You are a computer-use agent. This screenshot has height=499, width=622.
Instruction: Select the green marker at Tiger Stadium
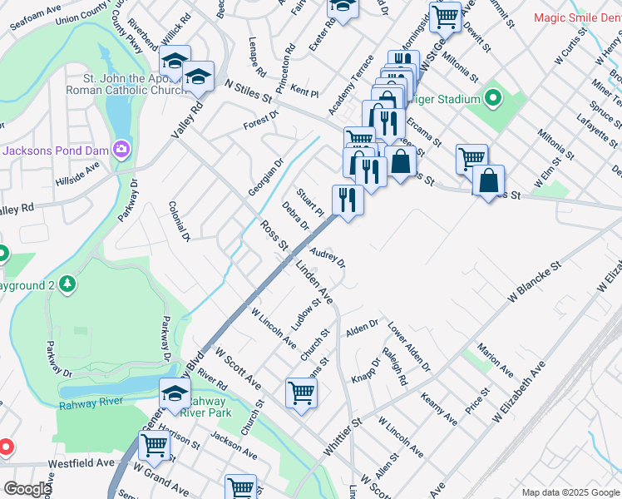[x=493, y=100]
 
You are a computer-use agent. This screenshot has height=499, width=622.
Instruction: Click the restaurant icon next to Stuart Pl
[x=348, y=200]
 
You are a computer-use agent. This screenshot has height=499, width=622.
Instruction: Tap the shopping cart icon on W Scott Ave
[x=301, y=392]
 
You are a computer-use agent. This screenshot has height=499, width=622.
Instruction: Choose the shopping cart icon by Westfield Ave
[x=154, y=446]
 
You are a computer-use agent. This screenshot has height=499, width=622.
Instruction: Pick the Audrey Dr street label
[x=328, y=254]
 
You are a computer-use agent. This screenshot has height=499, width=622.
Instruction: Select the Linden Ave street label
[x=314, y=283]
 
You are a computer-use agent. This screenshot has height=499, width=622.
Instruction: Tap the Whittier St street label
[x=343, y=436]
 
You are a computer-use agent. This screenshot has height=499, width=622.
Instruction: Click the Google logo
[x=27, y=489]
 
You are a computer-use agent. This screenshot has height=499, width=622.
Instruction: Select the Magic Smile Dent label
[x=576, y=17]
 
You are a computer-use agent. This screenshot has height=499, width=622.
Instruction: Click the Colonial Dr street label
[x=180, y=221]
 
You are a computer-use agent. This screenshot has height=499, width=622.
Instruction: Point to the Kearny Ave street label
[x=439, y=408]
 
